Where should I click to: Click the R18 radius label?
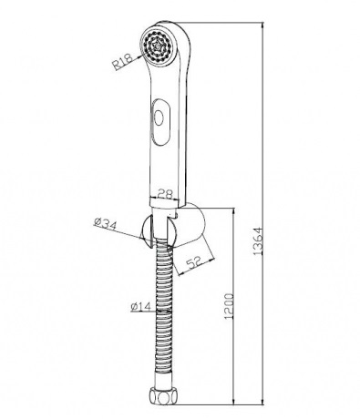[x=122, y=61]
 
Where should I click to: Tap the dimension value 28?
[x=166, y=193]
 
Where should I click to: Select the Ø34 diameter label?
[x=105, y=224]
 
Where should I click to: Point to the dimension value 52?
[x=193, y=262]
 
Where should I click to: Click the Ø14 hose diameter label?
[x=141, y=307]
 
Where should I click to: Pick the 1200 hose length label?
[x=228, y=306]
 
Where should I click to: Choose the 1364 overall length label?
[x=258, y=241]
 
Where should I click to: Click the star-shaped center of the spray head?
[x=158, y=46]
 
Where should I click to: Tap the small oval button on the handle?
[x=159, y=118]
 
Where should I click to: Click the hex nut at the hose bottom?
[x=159, y=396]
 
